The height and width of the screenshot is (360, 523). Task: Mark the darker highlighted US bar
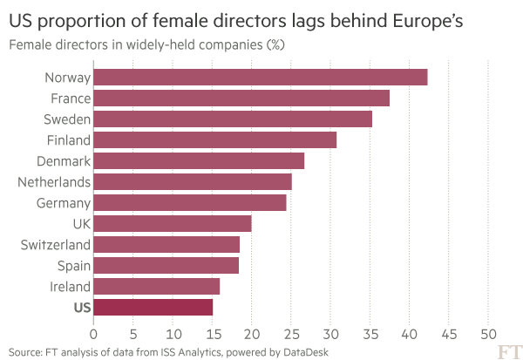(x=153, y=307)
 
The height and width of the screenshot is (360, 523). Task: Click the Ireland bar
(x=156, y=286)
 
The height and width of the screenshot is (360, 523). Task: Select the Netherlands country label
(x=54, y=182)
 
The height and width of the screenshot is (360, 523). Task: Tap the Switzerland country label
(x=55, y=245)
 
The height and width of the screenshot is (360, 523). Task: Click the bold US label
(x=82, y=307)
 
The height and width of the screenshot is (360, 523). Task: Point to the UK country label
(x=81, y=224)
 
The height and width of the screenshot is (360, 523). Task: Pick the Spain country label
(x=71, y=265)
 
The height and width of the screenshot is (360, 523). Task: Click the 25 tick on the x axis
(x=291, y=332)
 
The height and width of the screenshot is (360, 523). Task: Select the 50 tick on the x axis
(x=488, y=332)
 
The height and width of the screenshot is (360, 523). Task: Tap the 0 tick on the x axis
(x=93, y=332)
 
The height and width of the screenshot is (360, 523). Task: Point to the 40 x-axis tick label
(x=409, y=332)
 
